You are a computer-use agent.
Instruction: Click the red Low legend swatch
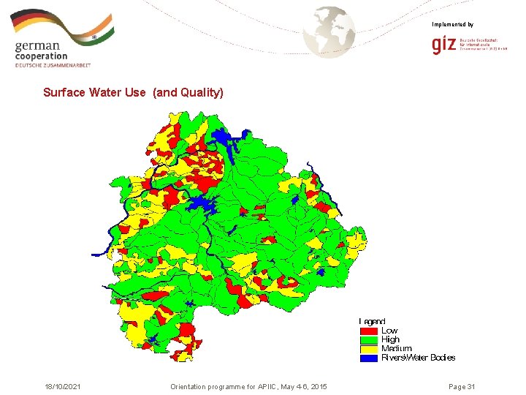pyautogui.click(x=368, y=331)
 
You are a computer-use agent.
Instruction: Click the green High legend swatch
pyautogui.click(x=368, y=339)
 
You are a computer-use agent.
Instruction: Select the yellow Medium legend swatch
pyautogui.click(x=368, y=348)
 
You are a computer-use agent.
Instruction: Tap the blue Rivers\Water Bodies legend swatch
pyautogui.click(x=368, y=358)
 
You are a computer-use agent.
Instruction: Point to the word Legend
pyautogui.click(x=372, y=322)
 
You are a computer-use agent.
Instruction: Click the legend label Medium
pyautogui.click(x=396, y=349)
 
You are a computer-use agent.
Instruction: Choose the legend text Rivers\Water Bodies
pyautogui.click(x=418, y=358)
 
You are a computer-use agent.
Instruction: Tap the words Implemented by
pyautogui.click(x=452, y=25)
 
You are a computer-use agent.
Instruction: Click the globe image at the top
pyautogui.click(x=329, y=31)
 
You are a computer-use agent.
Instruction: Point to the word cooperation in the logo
pyautogui.click(x=41, y=56)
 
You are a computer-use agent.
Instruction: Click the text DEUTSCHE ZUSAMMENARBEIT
pyautogui.click(x=53, y=66)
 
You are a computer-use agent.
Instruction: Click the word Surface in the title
pyautogui.click(x=64, y=93)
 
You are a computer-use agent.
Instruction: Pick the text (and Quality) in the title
pyautogui.click(x=188, y=93)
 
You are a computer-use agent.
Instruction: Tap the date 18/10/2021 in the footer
pyautogui.click(x=62, y=386)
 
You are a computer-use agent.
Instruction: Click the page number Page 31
pyautogui.click(x=462, y=386)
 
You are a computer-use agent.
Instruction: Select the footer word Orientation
pyautogui.click(x=190, y=386)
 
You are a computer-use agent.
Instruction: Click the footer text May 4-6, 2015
pyautogui.click(x=302, y=386)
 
